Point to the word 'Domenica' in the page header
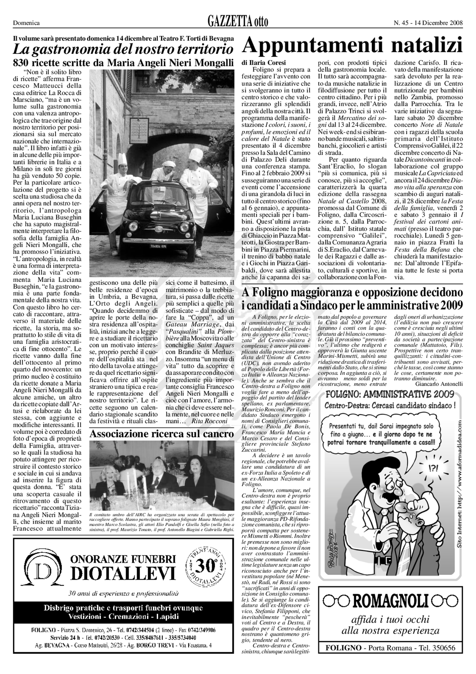pos(26,23)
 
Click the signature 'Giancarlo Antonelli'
pos(439,384)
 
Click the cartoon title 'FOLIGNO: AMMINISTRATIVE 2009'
pos(390,394)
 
